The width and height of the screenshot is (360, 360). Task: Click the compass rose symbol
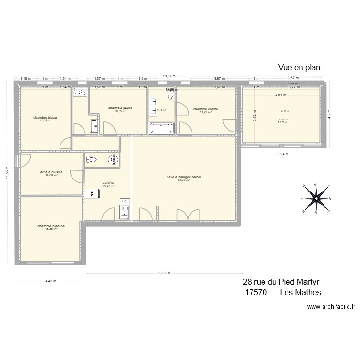(x=316, y=197)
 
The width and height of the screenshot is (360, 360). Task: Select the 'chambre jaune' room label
(x=120, y=108)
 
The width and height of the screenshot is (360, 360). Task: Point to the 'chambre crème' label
(x=205, y=109)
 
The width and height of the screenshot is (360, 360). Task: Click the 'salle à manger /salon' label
(x=184, y=177)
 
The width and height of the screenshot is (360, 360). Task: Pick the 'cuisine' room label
(x=108, y=183)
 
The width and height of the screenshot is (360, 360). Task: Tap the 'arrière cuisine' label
(x=51, y=172)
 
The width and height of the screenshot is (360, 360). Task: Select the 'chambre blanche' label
(x=51, y=226)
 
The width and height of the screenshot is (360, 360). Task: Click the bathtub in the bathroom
(x=162, y=128)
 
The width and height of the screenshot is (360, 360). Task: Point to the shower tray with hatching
(x=80, y=92)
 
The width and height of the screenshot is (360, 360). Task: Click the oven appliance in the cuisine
(x=89, y=193)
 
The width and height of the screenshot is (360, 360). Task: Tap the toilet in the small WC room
(x=91, y=160)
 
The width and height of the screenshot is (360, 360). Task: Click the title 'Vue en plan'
(x=299, y=68)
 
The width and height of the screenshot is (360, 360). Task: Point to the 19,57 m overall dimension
(x=169, y=76)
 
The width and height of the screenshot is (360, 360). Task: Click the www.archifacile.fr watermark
(x=330, y=307)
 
